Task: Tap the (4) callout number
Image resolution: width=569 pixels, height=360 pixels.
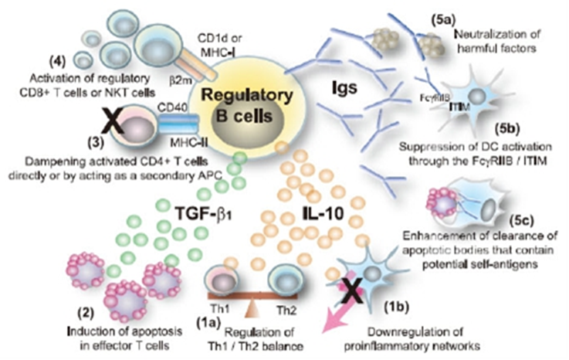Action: click(x=58, y=61)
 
